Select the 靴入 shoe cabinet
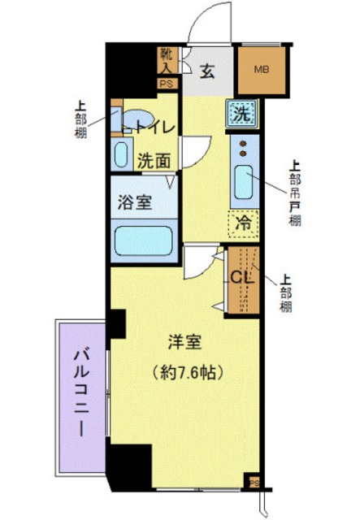coord(166,61)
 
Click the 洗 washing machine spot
coord(241,114)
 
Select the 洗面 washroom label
coord(154,161)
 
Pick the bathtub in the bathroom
coord(145,240)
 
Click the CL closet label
coord(241,276)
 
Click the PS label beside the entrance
coord(166,84)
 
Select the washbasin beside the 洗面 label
coord(122,153)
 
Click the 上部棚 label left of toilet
coord(81,119)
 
